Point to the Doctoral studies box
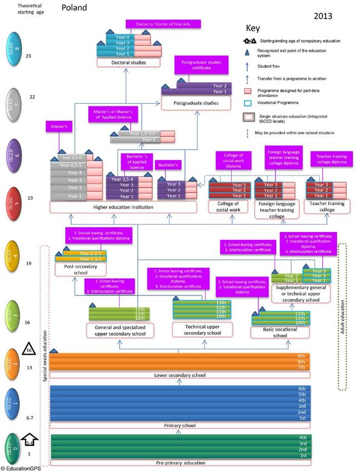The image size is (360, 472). tap(124, 63)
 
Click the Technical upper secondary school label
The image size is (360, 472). tap(199, 329)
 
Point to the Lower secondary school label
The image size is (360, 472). tap(179, 375)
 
